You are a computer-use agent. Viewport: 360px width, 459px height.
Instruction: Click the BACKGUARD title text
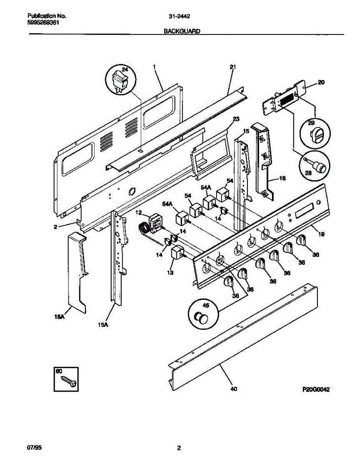(182, 32)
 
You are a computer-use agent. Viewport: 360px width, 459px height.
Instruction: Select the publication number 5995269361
(44, 22)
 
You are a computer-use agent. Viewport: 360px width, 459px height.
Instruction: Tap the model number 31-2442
(180, 16)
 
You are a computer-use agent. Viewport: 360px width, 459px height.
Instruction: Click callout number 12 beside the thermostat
(138, 212)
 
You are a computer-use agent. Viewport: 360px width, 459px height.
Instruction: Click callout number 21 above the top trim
(233, 67)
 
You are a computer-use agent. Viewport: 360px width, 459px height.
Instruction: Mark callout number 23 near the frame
(236, 119)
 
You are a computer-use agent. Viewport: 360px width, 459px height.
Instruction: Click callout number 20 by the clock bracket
(321, 82)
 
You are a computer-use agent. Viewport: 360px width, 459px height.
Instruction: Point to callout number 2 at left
(55, 227)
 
